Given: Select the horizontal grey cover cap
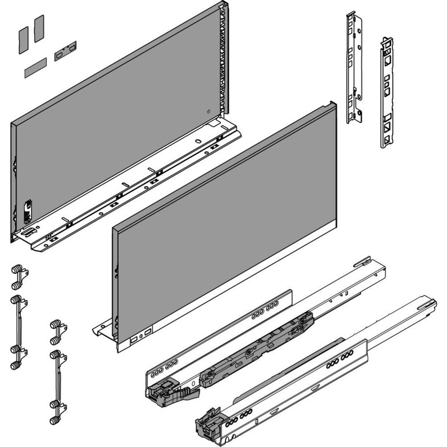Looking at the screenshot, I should tap(35, 67).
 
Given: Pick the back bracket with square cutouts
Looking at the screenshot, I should tap(387, 92).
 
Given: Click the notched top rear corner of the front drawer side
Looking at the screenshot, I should tap(330, 106).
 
